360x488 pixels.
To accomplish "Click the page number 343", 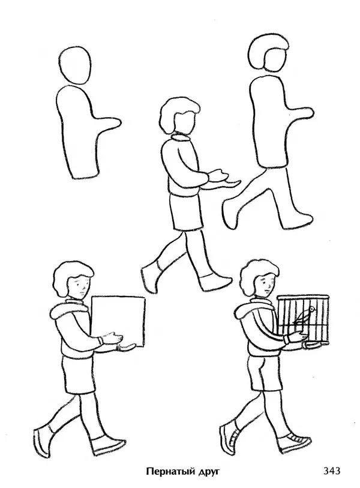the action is (332, 471).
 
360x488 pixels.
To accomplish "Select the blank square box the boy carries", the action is (118, 322).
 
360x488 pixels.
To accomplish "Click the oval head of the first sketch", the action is (75, 65).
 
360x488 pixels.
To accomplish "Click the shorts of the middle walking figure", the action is (186, 212).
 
